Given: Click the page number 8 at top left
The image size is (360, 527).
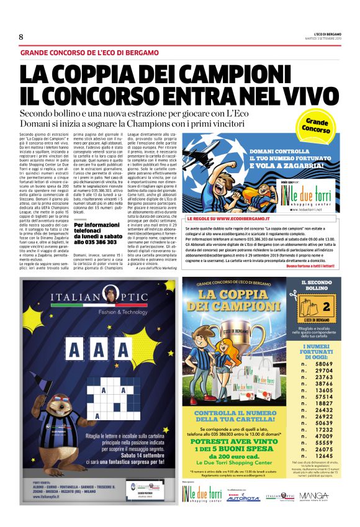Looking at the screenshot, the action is pos(21,37).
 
